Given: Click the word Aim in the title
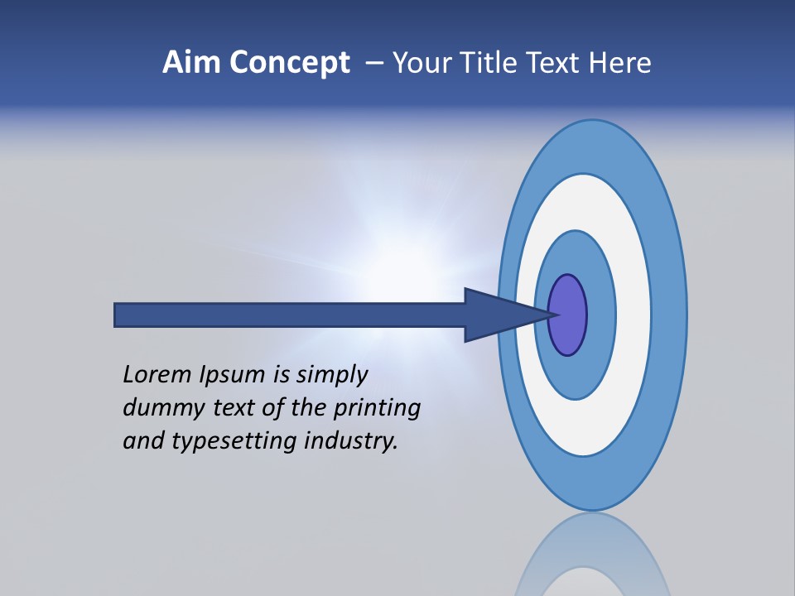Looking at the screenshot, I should pos(193,63).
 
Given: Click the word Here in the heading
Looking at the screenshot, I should pos(620,63).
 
